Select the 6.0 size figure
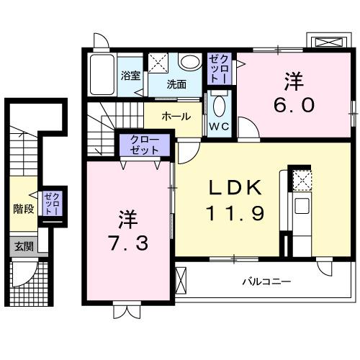tap(294, 105)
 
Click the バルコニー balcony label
tap(266, 282)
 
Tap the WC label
tap(219, 125)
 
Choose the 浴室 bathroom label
tap(130, 75)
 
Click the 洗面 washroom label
tap(176, 84)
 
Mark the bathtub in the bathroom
tap(103, 74)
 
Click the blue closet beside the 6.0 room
tap(218, 68)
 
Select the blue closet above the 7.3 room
tap(146, 145)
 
